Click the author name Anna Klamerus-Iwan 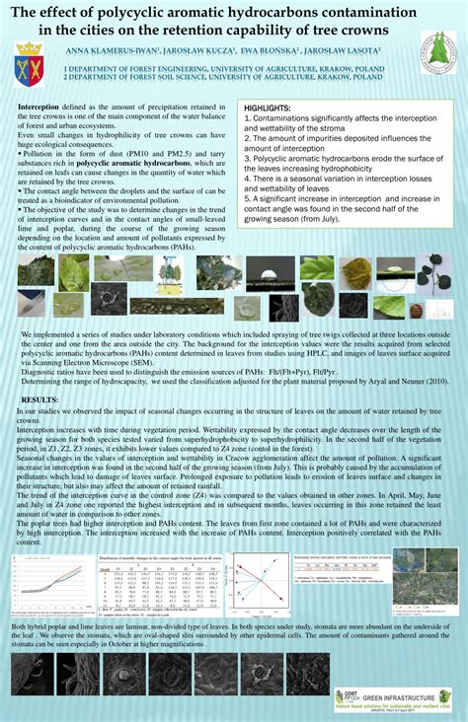103,48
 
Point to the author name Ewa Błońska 255,48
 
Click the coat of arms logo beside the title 28,67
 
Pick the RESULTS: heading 40,399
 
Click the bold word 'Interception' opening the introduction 39,106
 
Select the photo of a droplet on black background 265,273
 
